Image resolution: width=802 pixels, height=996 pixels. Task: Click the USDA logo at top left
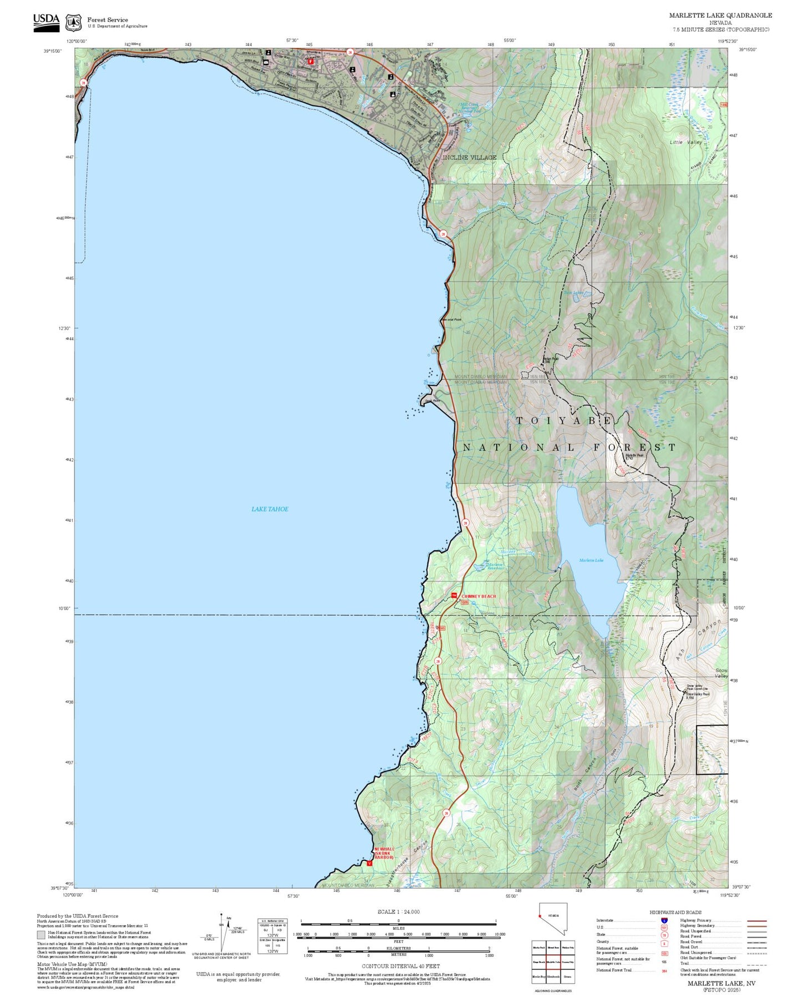click(x=46, y=22)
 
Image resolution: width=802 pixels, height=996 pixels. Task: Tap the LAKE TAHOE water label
click(x=270, y=509)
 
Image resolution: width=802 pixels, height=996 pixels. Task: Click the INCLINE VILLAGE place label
click(x=469, y=158)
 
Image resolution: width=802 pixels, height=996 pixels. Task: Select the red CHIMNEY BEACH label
click(x=478, y=596)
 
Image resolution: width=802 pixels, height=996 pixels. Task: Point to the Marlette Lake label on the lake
click(x=591, y=560)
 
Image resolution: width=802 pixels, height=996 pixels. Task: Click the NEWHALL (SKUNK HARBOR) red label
click(x=384, y=853)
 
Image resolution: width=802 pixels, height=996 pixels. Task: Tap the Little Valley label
click(x=685, y=143)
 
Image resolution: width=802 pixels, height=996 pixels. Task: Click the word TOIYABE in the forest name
click(x=564, y=421)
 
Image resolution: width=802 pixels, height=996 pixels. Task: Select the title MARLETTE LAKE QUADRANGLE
click(x=720, y=16)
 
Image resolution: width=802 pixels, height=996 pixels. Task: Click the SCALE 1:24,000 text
click(x=399, y=912)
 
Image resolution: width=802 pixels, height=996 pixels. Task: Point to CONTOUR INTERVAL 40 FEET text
click(x=401, y=966)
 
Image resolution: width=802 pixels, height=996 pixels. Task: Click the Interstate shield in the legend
click(x=664, y=920)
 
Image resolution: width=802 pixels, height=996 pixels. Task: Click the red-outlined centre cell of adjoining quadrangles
click(x=552, y=962)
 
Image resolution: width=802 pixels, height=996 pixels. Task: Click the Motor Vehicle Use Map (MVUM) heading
click(x=72, y=964)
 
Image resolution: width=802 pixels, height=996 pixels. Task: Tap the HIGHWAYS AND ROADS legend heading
click(x=675, y=912)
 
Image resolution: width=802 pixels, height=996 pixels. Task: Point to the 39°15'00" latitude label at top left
click(x=53, y=51)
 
